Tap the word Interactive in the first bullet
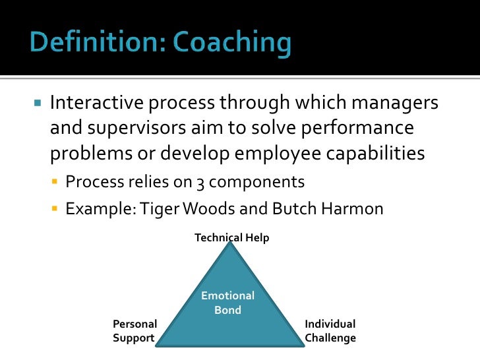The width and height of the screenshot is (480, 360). click(x=96, y=104)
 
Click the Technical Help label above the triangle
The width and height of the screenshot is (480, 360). click(x=231, y=238)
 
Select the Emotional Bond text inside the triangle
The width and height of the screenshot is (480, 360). click(x=227, y=303)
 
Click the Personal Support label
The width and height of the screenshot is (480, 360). click(x=135, y=331)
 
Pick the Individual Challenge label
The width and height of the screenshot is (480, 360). click(x=330, y=331)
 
